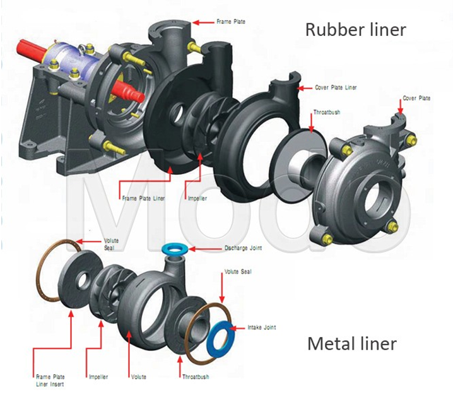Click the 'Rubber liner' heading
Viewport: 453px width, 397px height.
[356, 30]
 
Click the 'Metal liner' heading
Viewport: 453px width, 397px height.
[352, 343]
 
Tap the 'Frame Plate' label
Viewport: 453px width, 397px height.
[231, 21]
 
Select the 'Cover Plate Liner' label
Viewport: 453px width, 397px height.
[336, 88]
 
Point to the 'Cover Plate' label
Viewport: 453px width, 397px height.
[416, 98]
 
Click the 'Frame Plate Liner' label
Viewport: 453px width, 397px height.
[143, 198]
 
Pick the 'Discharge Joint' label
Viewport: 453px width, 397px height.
[244, 248]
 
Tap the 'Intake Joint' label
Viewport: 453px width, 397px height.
[262, 328]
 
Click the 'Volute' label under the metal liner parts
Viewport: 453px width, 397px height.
[139, 377]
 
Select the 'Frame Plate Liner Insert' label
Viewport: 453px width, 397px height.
[50, 381]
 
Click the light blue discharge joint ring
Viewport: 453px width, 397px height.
[174, 250]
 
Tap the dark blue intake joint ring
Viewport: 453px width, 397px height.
[220, 338]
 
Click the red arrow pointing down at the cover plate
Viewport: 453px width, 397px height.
[400, 108]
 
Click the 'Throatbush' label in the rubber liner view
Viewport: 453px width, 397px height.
[327, 112]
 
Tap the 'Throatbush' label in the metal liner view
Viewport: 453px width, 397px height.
[196, 377]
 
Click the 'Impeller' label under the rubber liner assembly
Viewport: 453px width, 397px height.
[197, 198]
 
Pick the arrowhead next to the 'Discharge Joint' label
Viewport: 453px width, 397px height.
[192, 249]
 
